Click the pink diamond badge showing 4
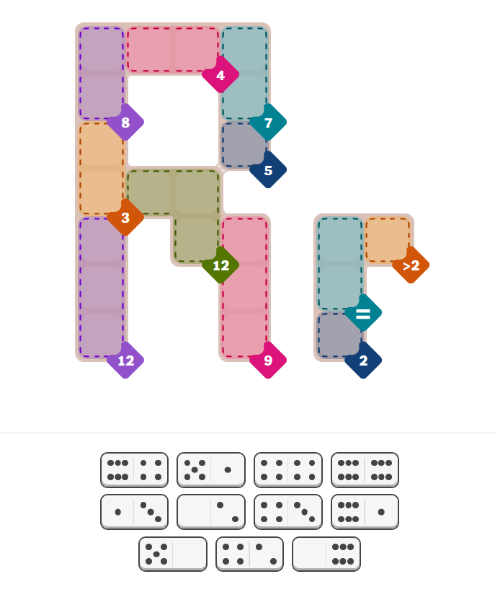[220, 75]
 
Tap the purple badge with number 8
[125, 122]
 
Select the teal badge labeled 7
[268, 122]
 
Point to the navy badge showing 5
[268, 170]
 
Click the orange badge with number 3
[125, 218]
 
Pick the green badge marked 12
[220, 265]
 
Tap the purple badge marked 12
[125, 361]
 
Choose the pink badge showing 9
[268, 361]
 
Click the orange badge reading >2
[411, 265]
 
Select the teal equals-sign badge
[363, 313]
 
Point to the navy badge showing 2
[363, 361]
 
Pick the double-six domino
[365, 469]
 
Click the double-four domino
[288, 469]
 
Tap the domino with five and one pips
[211, 469]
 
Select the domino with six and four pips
[134, 469]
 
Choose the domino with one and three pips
[134, 511]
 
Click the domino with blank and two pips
[211, 511]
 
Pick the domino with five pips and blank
[173, 554]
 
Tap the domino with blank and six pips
[326, 554]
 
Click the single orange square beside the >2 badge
[388, 239]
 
